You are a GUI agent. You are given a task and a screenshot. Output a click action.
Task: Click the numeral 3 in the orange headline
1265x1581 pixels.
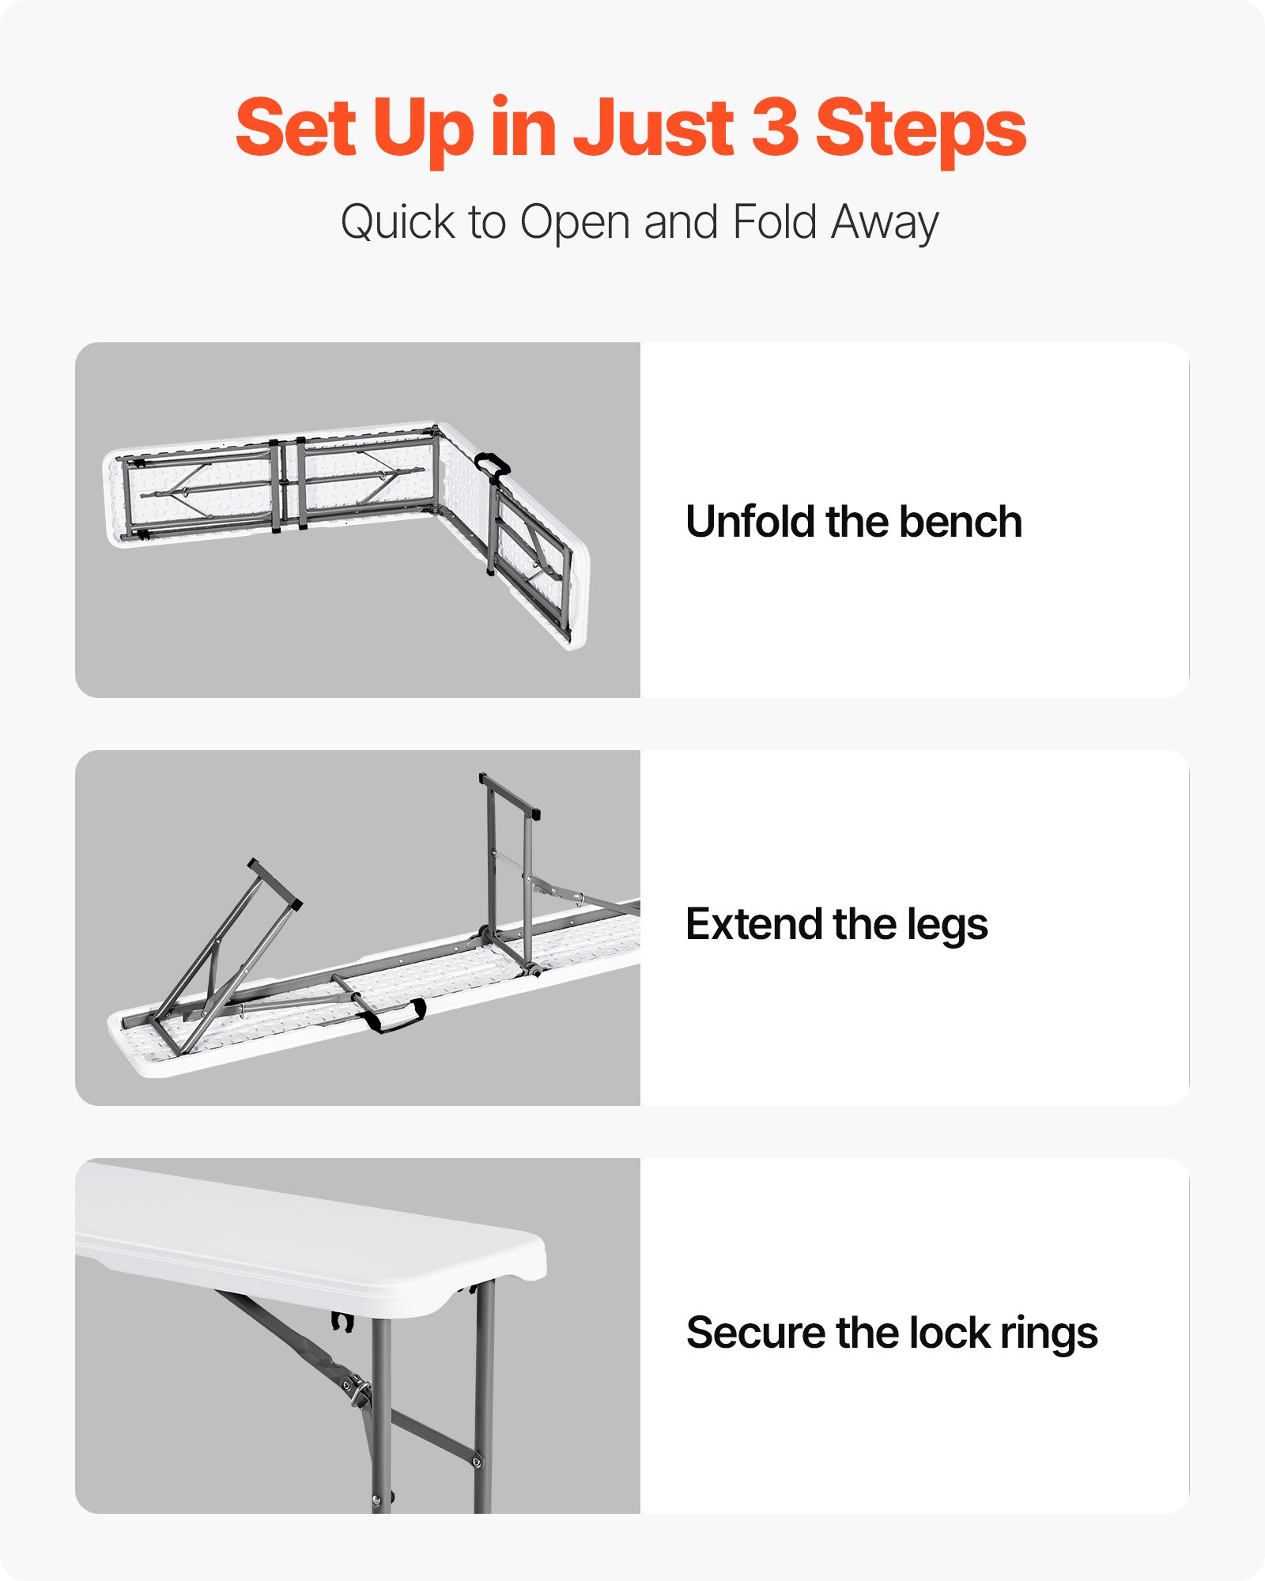(x=774, y=126)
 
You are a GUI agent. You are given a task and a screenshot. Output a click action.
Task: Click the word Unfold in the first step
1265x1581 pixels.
(x=750, y=522)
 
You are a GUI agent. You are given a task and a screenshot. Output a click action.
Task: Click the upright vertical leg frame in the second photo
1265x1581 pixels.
(x=510, y=870)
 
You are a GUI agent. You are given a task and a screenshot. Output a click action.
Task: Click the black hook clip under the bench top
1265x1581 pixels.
(x=342, y=1322)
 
